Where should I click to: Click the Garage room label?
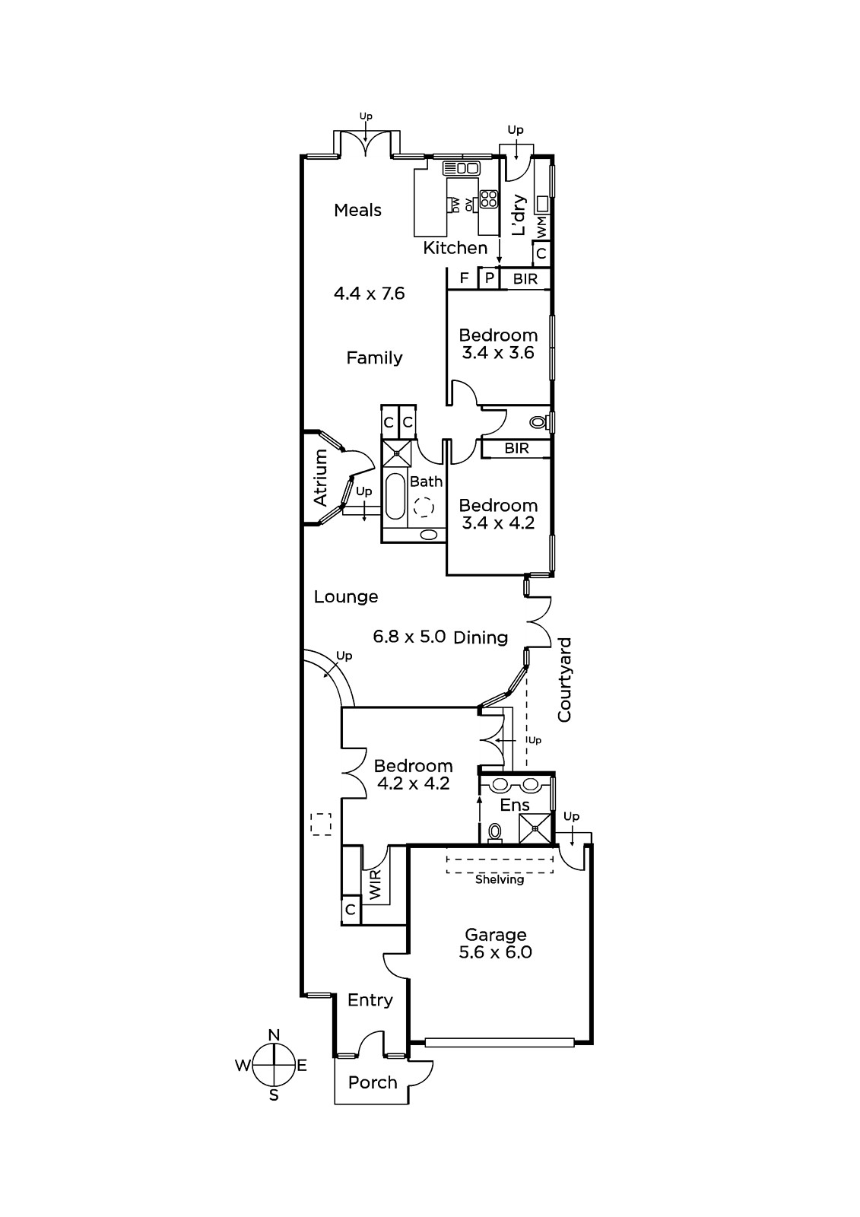[496, 935]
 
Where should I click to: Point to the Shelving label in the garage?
[500, 879]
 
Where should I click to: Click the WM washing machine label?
[542, 227]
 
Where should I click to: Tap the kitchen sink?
[462, 168]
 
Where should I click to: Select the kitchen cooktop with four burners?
[489, 199]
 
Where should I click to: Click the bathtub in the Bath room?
[395, 496]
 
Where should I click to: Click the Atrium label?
[321, 478]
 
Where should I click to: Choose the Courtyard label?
[564, 680]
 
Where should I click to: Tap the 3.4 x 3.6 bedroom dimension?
[498, 353]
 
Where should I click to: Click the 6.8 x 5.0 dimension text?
[410, 636]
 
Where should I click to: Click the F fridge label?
[464, 278]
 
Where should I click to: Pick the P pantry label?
[490, 278]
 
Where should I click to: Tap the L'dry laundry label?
[519, 215]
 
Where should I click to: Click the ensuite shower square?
[535, 828]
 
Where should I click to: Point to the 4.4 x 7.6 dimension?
[370, 294]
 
